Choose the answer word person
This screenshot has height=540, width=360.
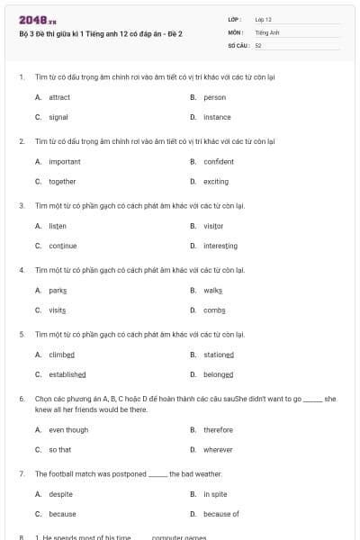(x=214, y=97)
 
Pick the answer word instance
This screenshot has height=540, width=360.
(x=217, y=117)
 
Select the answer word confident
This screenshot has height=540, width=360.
(x=219, y=162)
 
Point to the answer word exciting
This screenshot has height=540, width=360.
(x=216, y=181)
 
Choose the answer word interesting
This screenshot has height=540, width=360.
(x=220, y=246)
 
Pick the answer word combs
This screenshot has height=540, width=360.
(x=214, y=310)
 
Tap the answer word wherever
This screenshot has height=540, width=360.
(x=218, y=449)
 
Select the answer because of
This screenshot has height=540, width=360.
(x=221, y=514)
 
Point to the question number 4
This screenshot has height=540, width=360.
(x=22, y=269)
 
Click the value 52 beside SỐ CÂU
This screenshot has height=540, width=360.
(x=258, y=45)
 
